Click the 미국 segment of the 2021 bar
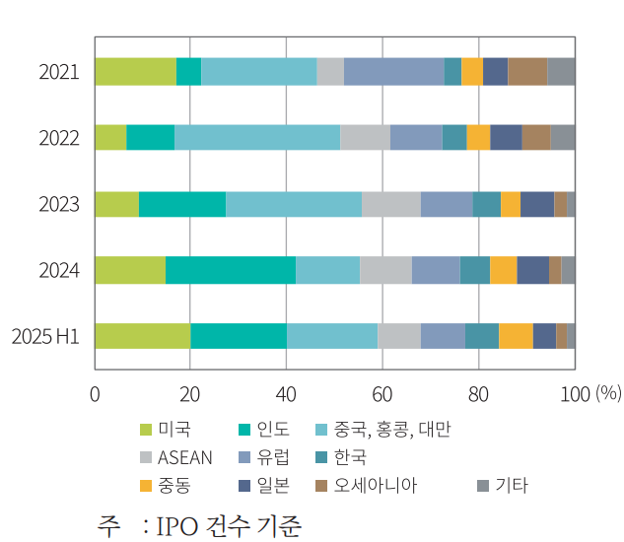click(x=136, y=72)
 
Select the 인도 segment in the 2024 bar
click(x=231, y=270)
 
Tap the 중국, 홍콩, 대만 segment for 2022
click(x=257, y=138)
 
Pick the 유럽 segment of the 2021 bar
click(x=394, y=72)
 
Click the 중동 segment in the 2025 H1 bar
click(x=516, y=336)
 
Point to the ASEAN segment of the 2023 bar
click(x=391, y=204)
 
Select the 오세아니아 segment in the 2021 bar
click(x=527, y=72)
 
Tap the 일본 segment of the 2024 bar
click(x=533, y=270)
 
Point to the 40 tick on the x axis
click(x=286, y=394)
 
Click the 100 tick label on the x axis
click(x=575, y=394)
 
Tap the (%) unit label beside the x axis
click(x=608, y=394)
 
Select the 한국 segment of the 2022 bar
click(x=454, y=138)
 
